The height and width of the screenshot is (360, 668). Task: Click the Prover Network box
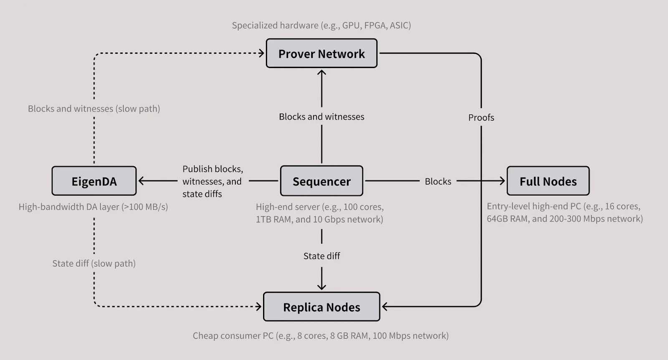point(321,53)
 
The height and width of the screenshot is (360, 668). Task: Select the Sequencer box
point(321,181)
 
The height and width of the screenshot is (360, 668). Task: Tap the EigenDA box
point(94,181)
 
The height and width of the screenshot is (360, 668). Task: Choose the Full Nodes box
point(548,181)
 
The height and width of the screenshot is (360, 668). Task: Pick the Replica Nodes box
point(321,307)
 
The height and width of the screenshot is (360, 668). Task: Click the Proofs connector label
point(481,118)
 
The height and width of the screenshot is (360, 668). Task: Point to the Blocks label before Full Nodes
point(438,181)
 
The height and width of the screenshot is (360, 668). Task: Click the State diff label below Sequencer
point(321,256)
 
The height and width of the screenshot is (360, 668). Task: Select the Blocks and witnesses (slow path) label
point(94,109)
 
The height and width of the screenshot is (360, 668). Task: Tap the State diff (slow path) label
point(94,264)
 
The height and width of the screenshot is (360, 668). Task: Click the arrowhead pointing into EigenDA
point(141,181)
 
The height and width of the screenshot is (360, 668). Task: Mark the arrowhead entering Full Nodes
point(502,181)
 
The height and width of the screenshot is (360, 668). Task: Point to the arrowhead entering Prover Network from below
point(321,73)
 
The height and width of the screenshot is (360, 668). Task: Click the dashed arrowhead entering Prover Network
point(262,53)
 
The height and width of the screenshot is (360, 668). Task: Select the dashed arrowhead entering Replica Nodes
point(259,307)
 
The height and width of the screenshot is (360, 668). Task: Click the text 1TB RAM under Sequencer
point(274,219)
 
